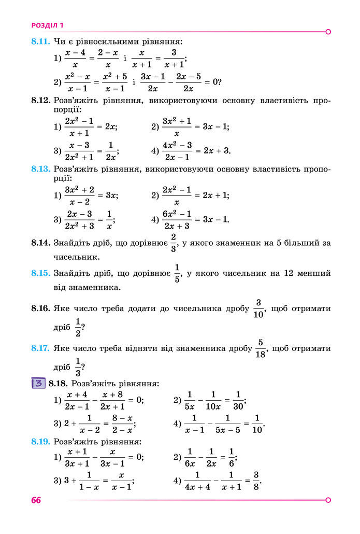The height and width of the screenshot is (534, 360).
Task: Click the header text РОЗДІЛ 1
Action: pyautogui.click(x=48, y=25)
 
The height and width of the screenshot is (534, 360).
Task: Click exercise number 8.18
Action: pyautogui.click(x=58, y=384)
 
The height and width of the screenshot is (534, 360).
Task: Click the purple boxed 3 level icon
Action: pyautogui.click(x=38, y=384)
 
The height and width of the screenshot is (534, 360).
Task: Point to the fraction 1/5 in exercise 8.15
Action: pyautogui.click(x=177, y=273)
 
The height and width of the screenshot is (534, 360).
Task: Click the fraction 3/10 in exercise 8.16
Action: pyautogui.click(x=259, y=308)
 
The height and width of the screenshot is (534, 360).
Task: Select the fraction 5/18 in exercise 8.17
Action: pyautogui.click(x=261, y=348)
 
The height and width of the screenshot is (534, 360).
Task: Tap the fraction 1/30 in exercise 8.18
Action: pyautogui.click(x=238, y=400)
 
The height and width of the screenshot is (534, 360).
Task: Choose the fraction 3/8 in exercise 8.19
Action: pyautogui.click(x=256, y=481)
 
